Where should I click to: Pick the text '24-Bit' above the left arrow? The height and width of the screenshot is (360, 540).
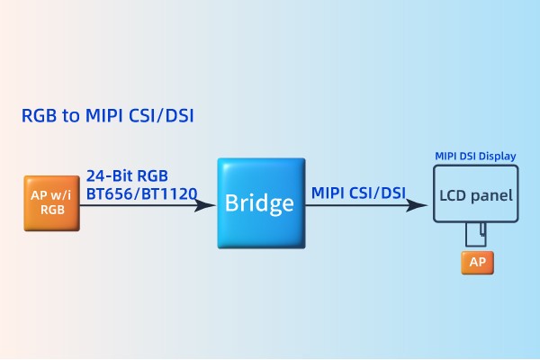pos(108,175)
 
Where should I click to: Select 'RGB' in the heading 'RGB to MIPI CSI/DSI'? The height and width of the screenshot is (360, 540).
pos(40,116)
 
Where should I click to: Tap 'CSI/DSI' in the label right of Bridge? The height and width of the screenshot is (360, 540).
pos(378,192)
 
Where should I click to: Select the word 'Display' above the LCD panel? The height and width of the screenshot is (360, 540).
pos(498,157)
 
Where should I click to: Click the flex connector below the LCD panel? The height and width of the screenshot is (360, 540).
pos(476,236)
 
